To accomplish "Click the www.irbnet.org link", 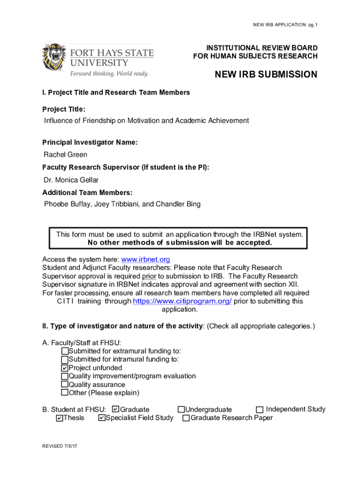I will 145,259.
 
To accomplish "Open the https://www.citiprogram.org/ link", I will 182,301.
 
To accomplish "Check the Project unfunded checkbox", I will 65,368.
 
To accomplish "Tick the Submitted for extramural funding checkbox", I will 65,351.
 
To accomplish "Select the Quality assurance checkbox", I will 65,385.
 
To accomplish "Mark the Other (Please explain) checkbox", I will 65,393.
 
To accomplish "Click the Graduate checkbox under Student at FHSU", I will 116,409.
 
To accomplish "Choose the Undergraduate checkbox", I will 181,410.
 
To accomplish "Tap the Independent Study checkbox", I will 260,410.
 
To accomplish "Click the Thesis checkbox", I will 59,418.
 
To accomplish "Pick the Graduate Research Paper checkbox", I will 186,418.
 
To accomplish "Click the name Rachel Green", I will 65,155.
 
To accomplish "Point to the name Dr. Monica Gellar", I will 71,180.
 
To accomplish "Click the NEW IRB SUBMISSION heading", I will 266,75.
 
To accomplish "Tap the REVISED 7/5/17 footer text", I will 59,447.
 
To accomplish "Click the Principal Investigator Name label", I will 90,142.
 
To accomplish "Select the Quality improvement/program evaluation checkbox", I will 65,377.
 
